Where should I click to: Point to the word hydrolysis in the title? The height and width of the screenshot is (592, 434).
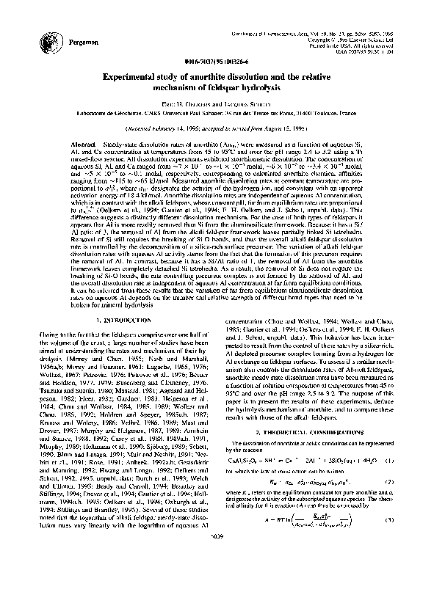point(272,87)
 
